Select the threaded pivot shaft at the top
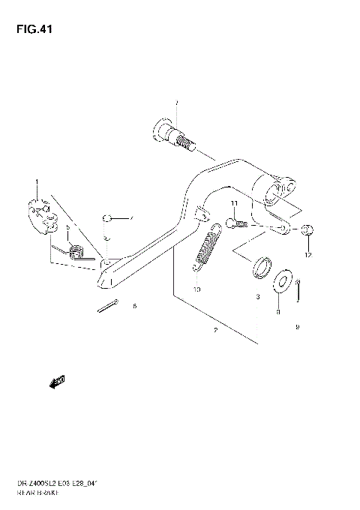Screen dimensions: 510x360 point(174,135)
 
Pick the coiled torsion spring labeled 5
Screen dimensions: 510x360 point(76,250)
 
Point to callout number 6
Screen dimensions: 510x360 point(134,307)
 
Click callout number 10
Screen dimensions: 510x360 point(196,289)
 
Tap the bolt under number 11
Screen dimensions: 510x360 point(233,223)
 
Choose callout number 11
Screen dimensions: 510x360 point(234,204)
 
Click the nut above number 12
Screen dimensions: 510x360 point(309,229)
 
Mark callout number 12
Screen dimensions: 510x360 point(307,255)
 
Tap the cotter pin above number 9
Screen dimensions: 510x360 point(298,288)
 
